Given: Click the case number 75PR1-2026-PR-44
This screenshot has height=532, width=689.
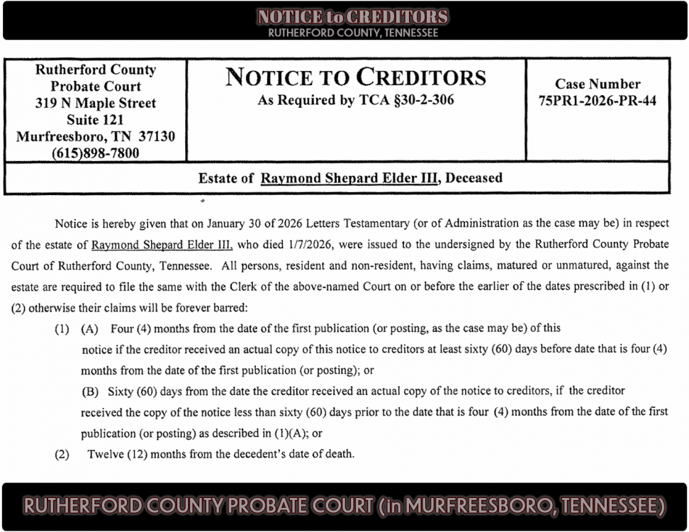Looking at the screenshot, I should pos(597,101).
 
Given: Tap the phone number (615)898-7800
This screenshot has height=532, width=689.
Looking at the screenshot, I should pos(95,153).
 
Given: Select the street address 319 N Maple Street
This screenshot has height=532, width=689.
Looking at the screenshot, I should pos(95,104).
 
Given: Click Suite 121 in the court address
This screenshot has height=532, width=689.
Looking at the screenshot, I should pos(95,120).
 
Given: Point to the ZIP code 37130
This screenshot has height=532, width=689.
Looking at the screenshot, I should pos(152,136).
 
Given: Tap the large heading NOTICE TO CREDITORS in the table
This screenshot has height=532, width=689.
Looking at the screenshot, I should pos(356,77).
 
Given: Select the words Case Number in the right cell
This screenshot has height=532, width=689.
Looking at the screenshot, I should pos(597,84).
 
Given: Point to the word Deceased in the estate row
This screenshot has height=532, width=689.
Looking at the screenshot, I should pos(474,178).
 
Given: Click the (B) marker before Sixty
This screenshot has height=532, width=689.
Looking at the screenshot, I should pos(90,391).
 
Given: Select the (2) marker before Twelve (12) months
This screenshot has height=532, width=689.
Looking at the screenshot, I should pos(62,454).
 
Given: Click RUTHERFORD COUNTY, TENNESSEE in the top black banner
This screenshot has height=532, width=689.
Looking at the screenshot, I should pos(352,33).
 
